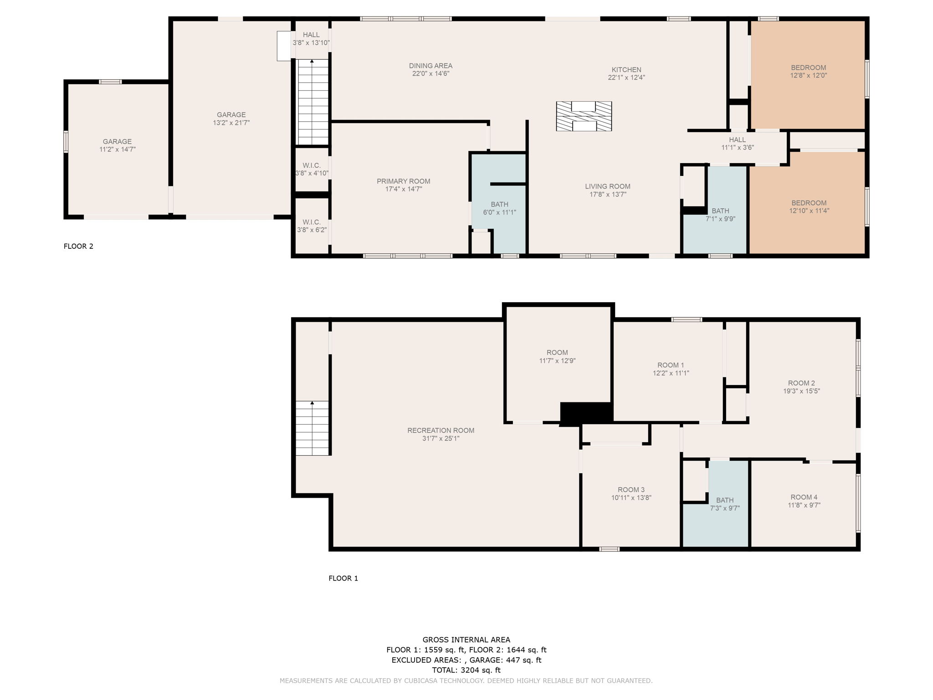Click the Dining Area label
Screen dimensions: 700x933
[x=431, y=66]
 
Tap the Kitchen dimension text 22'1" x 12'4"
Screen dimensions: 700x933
[x=626, y=77]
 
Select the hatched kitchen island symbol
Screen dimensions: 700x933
[x=584, y=116]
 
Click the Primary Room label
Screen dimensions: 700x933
[x=403, y=181]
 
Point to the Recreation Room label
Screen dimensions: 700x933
[x=441, y=430]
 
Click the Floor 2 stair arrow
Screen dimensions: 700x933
[x=312, y=61]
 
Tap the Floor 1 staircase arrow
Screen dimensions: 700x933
[x=312, y=404]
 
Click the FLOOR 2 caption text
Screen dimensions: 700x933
[x=78, y=247]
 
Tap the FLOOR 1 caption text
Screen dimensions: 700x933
[x=343, y=578]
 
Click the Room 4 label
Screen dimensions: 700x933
[x=804, y=497]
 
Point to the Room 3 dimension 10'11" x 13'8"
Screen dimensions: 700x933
[x=631, y=498]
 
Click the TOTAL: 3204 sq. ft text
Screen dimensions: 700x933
[x=466, y=670]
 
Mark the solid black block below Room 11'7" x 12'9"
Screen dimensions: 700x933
[x=585, y=413]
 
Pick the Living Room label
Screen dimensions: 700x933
[x=608, y=186]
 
